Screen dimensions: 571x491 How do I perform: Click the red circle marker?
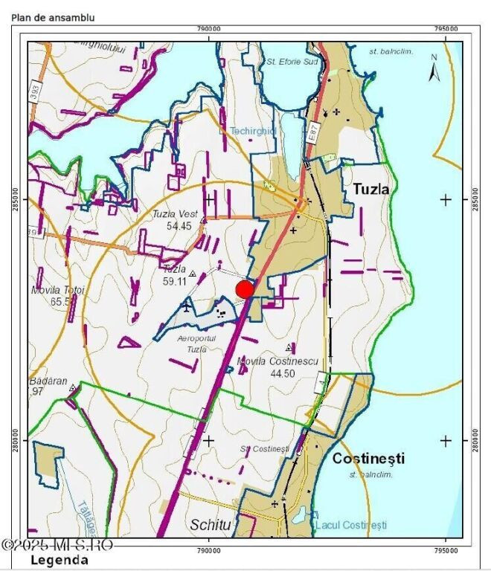pos(244,289)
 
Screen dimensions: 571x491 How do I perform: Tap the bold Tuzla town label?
pos(370,189)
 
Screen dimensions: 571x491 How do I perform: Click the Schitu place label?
pos(211,525)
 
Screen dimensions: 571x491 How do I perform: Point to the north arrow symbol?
pos(434,68)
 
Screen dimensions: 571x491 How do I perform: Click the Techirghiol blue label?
pos(253,131)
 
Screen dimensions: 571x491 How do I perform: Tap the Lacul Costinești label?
pos(351,525)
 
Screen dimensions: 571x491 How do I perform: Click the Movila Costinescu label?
pos(277,361)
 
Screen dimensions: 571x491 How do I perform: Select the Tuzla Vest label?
pos(175,214)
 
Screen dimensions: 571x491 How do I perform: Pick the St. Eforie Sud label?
pos(292,62)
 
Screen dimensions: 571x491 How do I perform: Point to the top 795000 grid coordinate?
pos(445,28)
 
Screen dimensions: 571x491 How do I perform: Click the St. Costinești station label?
pos(264,449)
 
